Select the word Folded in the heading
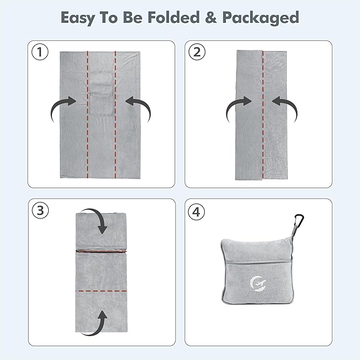click(173, 17)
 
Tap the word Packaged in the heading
click(260, 18)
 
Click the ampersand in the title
click(211, 17)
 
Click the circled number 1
click(40, 52)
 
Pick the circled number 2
click(197, 52)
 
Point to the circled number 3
click(40, 210)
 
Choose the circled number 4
click(196, 212)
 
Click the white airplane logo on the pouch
click(258, 284)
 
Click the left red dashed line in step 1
click(87, 115)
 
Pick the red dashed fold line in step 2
click(263, 115)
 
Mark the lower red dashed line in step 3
click(101, 291)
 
